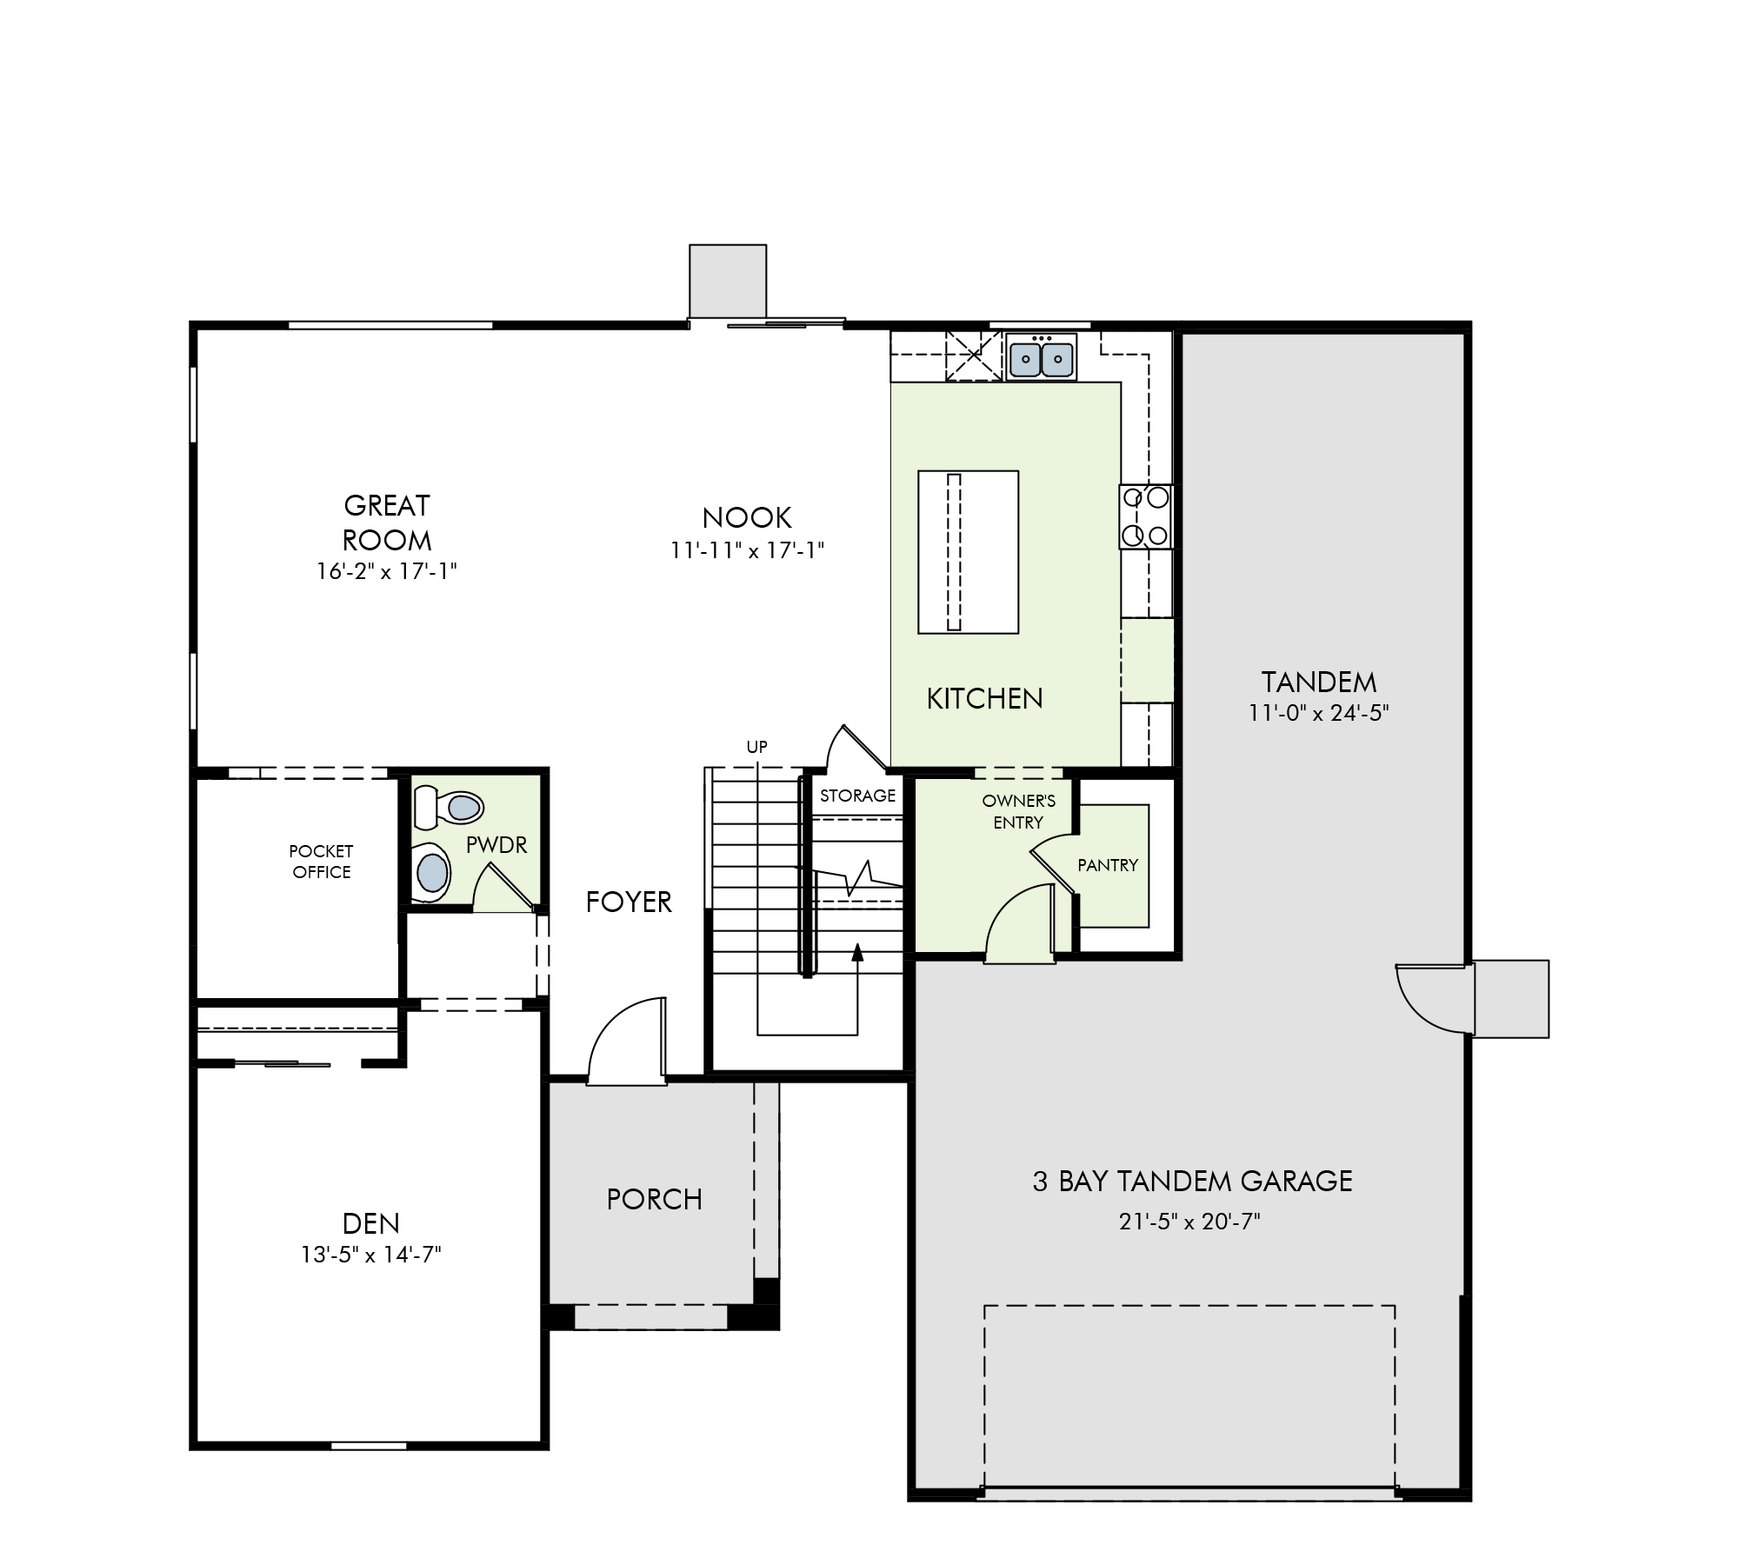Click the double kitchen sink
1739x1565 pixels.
1042,356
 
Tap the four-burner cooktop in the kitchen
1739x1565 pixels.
1146,516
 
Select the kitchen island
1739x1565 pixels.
968,552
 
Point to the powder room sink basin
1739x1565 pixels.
432,871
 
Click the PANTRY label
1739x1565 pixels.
1108,865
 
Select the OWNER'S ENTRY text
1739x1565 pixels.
1019,811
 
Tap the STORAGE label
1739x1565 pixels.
857,796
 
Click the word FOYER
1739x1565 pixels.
629,902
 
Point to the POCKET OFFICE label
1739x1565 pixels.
322,862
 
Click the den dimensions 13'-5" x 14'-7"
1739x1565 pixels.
371,1255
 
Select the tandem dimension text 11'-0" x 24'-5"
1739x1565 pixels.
1319,713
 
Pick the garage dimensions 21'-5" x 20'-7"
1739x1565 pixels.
1190,1222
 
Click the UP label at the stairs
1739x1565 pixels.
756,747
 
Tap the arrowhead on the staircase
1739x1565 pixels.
857,952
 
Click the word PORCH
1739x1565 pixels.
654,1200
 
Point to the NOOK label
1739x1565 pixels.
747,518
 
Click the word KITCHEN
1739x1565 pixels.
984,698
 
